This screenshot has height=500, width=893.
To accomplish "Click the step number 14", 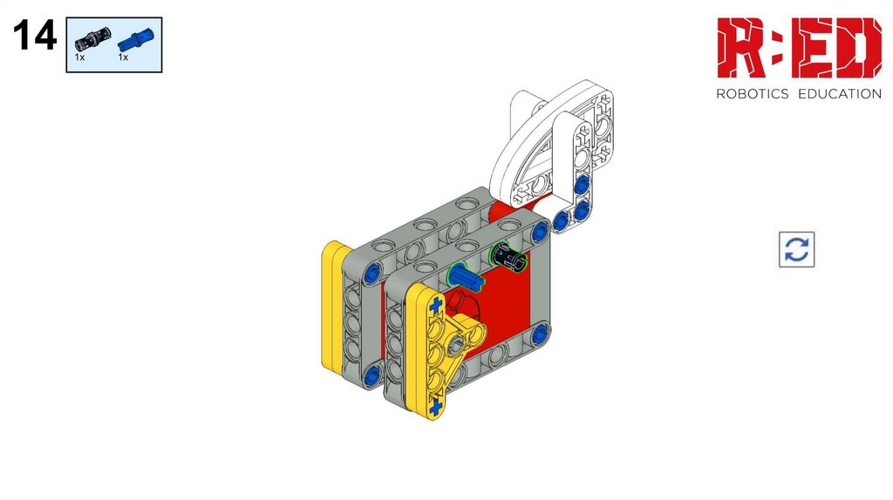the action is pyautogui.click(x=35, y=35).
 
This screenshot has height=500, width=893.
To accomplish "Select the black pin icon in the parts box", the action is pyautogui.click(x=92, y=38).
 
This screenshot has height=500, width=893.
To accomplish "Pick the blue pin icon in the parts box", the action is pyautogui.click(x=135, y=39).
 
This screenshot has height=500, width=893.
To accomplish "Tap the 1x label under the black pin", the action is pyautogui.click(x=79, y=57).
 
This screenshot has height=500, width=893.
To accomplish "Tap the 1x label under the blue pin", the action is pyautogui.click(x=123, y=57).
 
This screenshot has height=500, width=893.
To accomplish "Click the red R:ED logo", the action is pyautogui.click(x=799, y=47).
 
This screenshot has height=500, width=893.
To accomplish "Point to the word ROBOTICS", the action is pyautogui.click(x=752, y=94).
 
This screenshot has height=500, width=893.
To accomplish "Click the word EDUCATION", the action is pyautogui.click(x=840, y=94).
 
